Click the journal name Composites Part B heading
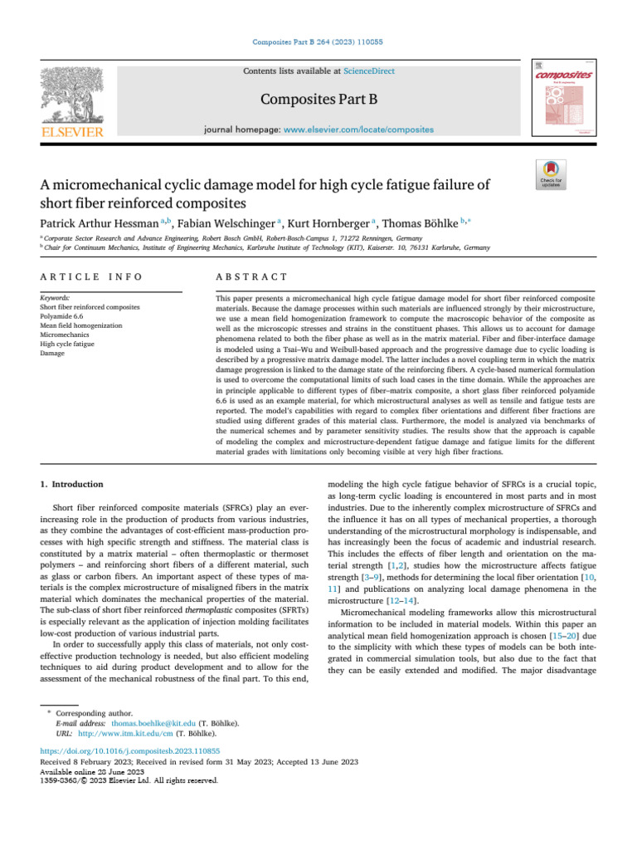[x=319, y=100]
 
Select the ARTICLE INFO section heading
[x=90, y=276]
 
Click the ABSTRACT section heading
[x=251, y=276]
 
